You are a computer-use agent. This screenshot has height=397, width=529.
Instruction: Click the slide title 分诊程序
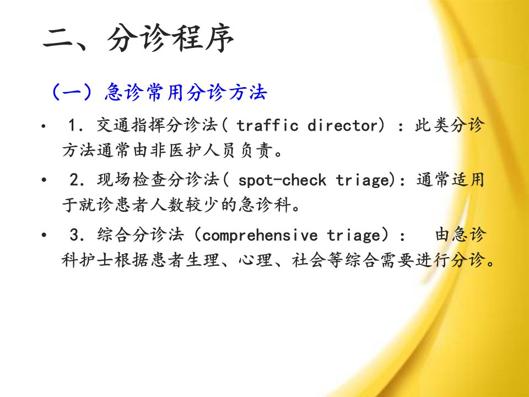[170, 38]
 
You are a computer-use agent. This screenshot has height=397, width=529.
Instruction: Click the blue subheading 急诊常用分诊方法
[186, 92]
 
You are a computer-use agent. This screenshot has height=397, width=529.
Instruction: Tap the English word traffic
[267, 125]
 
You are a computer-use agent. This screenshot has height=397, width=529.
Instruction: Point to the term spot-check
[282, 180]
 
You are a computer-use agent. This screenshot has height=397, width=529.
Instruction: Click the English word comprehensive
[260, 235]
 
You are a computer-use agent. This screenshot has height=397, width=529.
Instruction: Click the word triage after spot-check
[363, 180]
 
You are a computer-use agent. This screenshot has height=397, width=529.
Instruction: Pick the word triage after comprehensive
[354, 235]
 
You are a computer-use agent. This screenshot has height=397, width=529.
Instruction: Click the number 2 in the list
[74, 180]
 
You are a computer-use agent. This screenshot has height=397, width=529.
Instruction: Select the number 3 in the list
[74, 235]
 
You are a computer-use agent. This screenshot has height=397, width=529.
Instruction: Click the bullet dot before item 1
[43, 127]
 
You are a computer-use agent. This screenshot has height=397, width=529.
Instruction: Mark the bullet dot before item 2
[44, 180]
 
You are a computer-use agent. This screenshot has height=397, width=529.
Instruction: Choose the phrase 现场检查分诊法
[158, 180]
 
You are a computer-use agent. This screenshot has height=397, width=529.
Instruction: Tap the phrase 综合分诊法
[141, 235]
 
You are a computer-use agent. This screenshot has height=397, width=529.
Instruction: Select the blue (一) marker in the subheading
[72, 92]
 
